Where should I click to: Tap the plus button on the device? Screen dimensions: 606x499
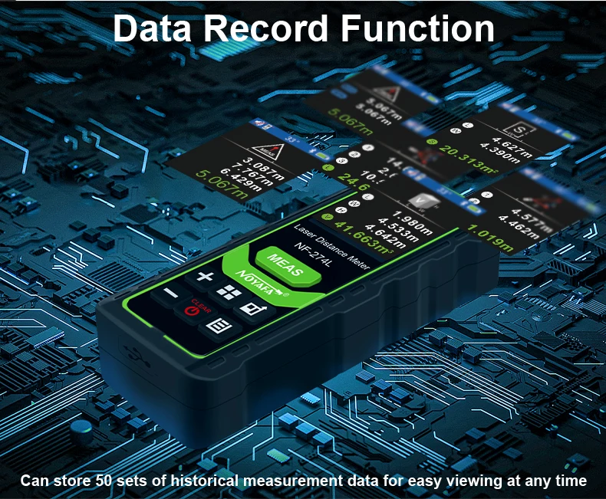pos(204,278)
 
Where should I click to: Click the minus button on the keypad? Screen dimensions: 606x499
pos(170,294)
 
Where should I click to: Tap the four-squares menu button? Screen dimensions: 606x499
pos(226,292)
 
